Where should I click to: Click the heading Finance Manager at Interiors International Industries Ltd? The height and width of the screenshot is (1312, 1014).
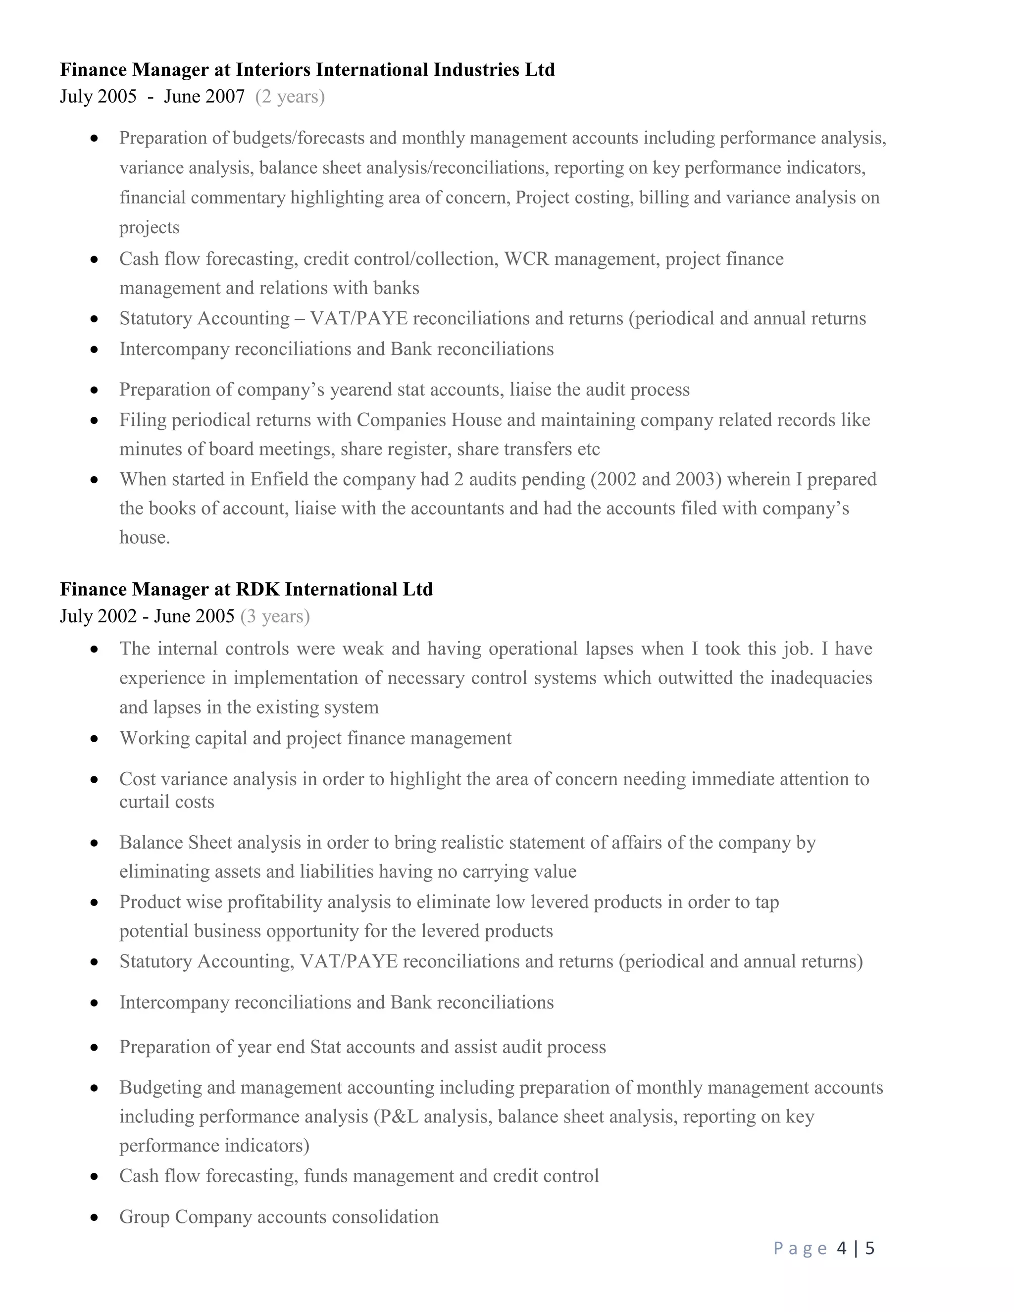[307, 70]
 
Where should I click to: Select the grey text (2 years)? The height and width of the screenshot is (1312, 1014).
[290, 97]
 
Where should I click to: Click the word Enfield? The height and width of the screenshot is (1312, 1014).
[278, 479]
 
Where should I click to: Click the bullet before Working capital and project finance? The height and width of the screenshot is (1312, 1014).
[94, 738]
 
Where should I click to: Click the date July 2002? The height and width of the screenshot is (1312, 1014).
[99, 616]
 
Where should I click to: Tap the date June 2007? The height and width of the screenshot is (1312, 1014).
[204, 97]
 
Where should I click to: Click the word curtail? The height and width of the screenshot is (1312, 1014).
[143, 802]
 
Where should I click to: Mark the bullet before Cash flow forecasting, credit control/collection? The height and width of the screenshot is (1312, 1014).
[94, 259]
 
